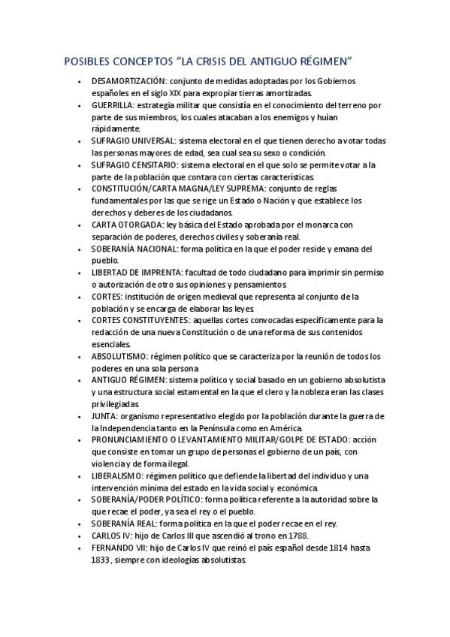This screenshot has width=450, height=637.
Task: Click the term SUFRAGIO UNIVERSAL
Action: [133, 140]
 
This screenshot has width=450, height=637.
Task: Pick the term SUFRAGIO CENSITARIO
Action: [134, 165]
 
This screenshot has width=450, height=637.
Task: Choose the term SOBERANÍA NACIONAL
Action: [134, 249]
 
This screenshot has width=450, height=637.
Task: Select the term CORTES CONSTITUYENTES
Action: [138, 320]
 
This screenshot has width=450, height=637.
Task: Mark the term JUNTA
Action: [104, 415]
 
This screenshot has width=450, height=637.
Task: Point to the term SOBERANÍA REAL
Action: [123, 524]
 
